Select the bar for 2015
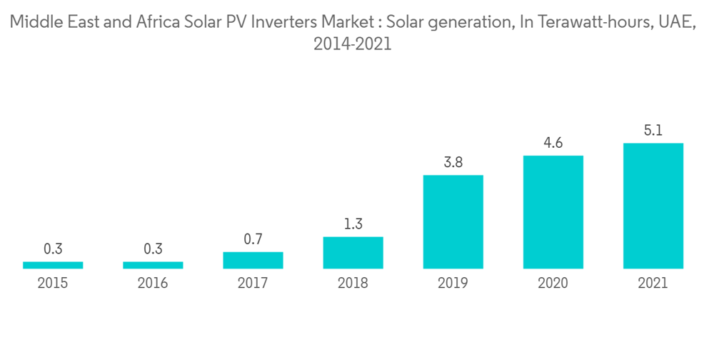tap(53, 265)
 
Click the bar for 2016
tap(153, 265)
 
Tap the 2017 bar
tap(253, 260)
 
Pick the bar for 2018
tap(353, 253)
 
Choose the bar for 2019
tap(453, 221)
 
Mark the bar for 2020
tap(553, 212)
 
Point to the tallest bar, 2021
tap(653, 206)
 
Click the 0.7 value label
tap(253, 240)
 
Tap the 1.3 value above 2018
tap(353, 224)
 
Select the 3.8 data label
tap(453, 163)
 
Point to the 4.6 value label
tap(553, 143)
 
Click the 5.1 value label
tap(653, 131)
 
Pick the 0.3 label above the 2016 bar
tap(153, 249)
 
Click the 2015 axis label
tap(53, 284)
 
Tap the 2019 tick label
tap(453, 284)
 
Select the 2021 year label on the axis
tap(653, 284)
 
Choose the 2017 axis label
tap(253, 284)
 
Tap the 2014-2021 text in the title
tap(353, 44)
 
